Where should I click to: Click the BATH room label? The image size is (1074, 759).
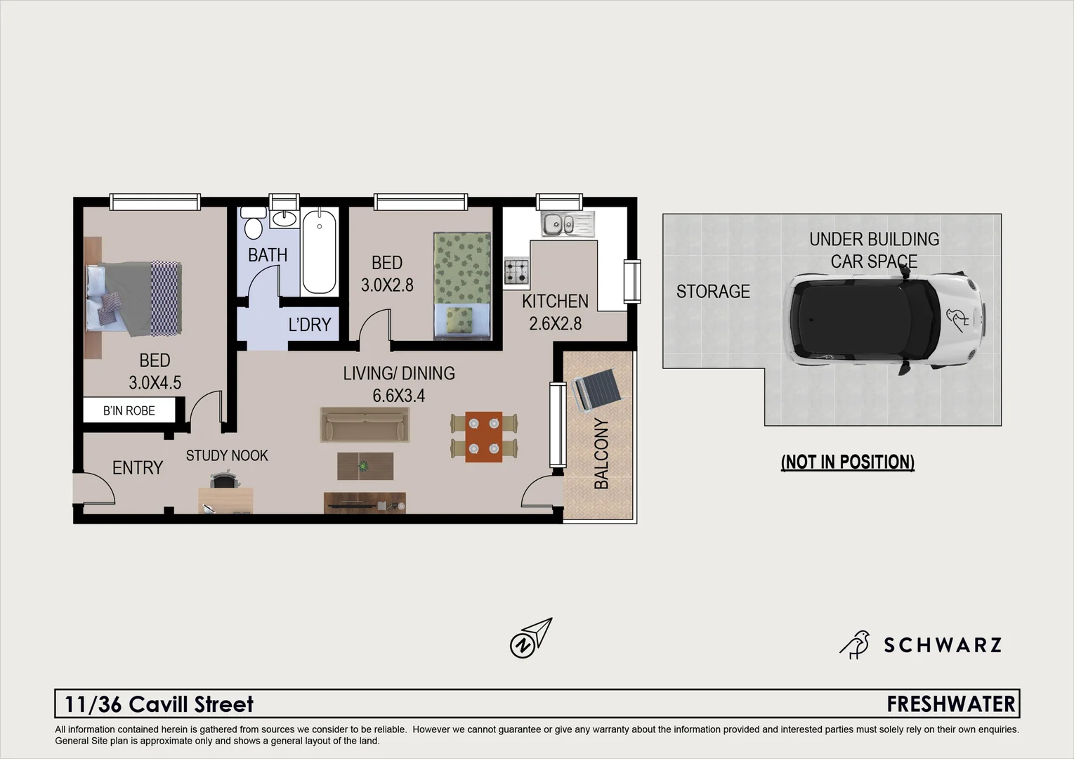(x=268, y=255)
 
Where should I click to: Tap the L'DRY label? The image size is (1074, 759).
(x=309, y=325)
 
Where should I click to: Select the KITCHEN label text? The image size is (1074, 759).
(x=555, y=301)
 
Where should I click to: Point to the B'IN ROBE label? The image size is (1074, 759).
(x=129, y=410)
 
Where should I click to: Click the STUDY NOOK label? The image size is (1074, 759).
(x=227, y=455)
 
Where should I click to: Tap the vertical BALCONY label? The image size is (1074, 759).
(x=602, y=453)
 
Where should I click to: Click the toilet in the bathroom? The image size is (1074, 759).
(x=254, y=225)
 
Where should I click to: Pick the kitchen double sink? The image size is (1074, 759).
(x=567, y=225)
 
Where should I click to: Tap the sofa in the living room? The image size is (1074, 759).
(x=365, y=424)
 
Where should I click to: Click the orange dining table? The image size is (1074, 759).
(x=484, y=436)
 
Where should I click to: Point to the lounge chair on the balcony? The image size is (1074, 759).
(x=595, y=391)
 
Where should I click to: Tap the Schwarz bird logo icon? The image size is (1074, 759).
(x=855, y=644)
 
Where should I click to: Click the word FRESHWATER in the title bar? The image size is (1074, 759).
(x=951, y=703)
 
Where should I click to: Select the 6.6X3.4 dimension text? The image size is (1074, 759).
(x=399, y=396)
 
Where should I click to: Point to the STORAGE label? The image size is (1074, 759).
(x=713, y=291)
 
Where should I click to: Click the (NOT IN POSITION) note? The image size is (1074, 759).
(x=847, y=462)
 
